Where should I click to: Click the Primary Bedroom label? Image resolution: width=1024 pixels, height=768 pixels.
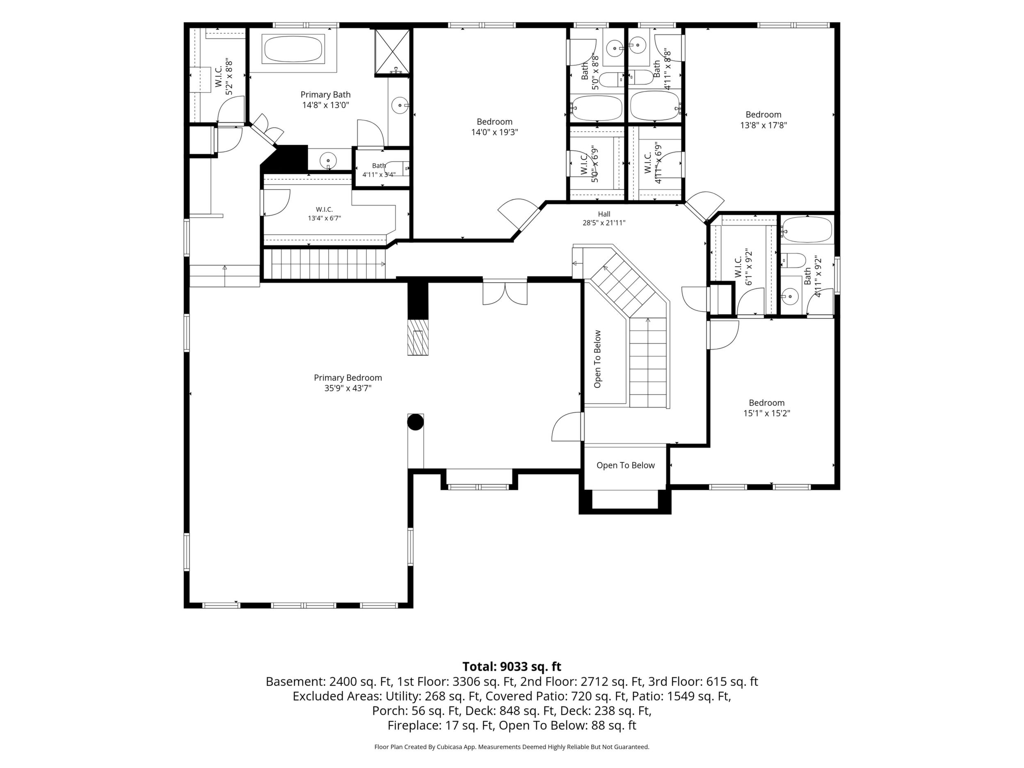coord(347,383)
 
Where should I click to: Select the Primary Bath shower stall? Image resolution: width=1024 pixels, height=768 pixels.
coord(392,51)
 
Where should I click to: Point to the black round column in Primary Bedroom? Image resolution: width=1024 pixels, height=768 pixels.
coord(415,422)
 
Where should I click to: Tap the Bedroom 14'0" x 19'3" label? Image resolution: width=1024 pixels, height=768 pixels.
coord(494,127)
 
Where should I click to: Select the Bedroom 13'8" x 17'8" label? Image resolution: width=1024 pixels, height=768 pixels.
coord(763,119)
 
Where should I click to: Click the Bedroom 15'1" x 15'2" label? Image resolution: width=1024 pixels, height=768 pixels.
coord(767,408)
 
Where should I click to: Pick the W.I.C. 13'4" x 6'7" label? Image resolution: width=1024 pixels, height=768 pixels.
coord(324,214)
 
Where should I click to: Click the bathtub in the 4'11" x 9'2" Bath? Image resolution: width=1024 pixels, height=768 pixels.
coord(807,230)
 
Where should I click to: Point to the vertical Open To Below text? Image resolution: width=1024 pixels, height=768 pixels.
coord(597,359)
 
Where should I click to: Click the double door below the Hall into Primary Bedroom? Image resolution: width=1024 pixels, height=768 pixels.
coord(505,293)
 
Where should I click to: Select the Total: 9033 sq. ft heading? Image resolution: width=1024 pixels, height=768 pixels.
coord(512,667)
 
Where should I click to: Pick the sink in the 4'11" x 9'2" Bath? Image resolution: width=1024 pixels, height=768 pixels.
coord(790,295)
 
